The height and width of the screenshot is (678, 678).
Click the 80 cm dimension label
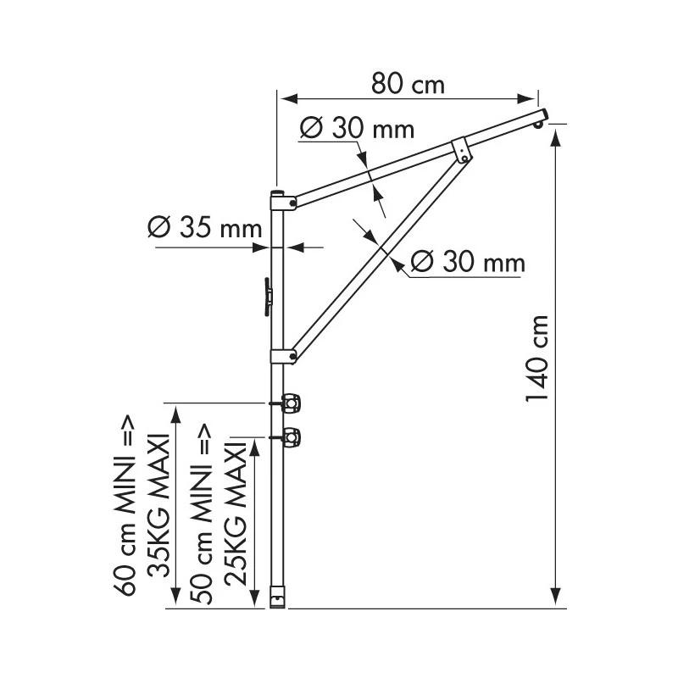pos(408,85)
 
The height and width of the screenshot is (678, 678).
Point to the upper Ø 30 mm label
pos(357,129)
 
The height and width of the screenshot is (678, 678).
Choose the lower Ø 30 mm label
pos(467,263)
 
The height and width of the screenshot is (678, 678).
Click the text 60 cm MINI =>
pos(125,506)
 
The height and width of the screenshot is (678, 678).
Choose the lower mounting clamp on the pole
pos(291,437)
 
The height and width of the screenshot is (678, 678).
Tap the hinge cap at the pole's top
pos(281,200)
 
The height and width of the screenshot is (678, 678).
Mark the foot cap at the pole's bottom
pos(277,597)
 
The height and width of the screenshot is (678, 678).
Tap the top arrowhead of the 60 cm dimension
pos(175,410)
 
